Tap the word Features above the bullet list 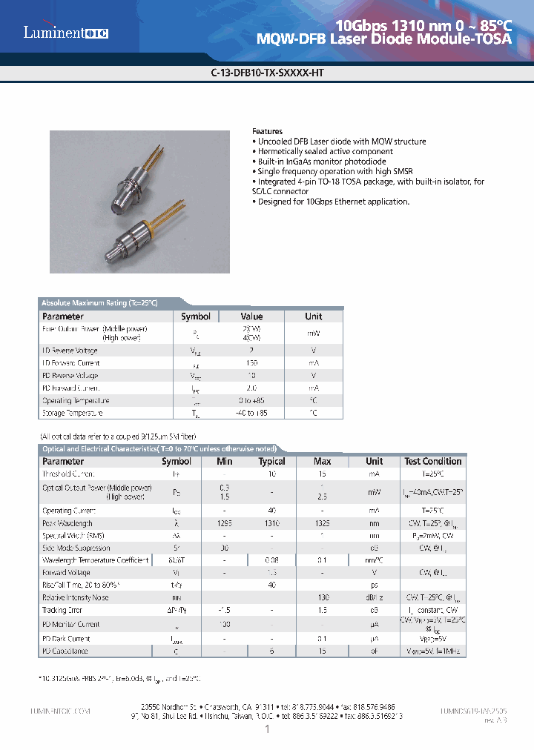[x=267, y=131]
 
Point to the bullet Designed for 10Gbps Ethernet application [x=332, y=202]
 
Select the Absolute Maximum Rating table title [x=99, y=303]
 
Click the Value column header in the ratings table [x=252, y=316]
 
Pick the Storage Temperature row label [x=72, y=413]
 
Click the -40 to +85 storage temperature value [x=251, y=413]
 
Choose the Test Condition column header [x=432, y=461]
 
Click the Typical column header [x=271, y=461]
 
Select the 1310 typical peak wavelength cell [x=271, y=523]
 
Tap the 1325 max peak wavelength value [x=322, y=523]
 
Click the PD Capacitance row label [x=65, y=651]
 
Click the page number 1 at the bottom [x=267, y=730]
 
